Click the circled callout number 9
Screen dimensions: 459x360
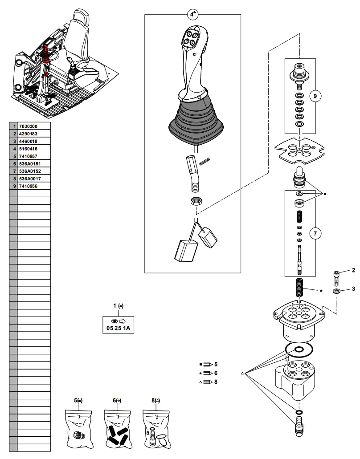(315, 96)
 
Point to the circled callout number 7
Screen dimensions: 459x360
(315, 233)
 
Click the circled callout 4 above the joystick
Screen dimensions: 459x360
(192, 14)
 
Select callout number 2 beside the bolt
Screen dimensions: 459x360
(353, 270)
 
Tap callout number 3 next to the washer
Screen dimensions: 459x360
(353, 289)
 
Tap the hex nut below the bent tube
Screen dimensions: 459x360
(196, 201)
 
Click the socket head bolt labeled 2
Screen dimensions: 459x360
(336, 278)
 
